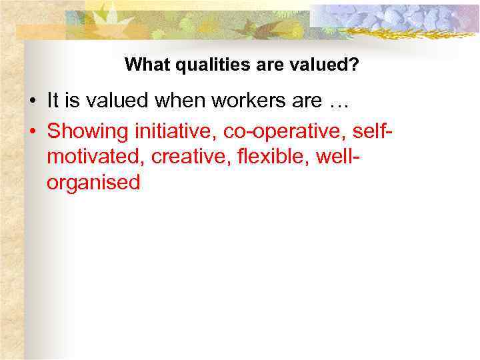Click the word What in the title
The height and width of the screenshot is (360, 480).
coord(143,65)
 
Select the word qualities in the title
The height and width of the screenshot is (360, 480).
coord(195,65)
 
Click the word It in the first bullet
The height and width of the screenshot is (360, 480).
coord(54,101)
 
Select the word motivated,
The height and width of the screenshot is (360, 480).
coord(97,157)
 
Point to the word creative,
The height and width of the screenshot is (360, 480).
coord(193,157)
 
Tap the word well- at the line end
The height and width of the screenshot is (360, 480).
coord(339,157)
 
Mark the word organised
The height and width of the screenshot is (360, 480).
coord(93,183)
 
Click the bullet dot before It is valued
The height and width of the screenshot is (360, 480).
coord(32,102)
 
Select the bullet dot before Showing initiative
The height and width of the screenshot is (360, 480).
coord(32,131)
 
